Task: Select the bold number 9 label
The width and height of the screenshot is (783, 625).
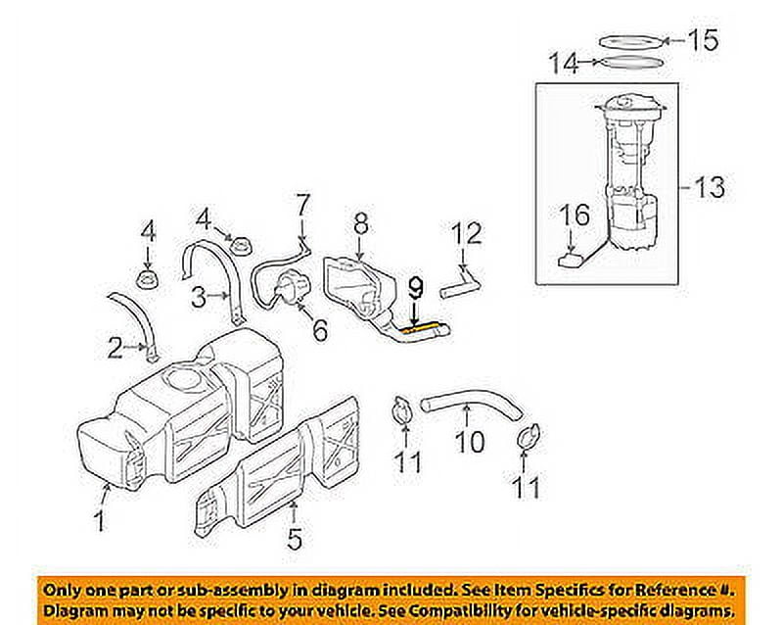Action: click(x=415, y=288)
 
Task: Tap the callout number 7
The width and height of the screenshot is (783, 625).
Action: click(x=302, y=206)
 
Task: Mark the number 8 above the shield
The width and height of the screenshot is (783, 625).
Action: click(x=360, y=225)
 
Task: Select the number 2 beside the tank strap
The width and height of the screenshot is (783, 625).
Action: click(x=115, y=346)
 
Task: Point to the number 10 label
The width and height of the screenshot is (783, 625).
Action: click(x=470, y=443)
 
